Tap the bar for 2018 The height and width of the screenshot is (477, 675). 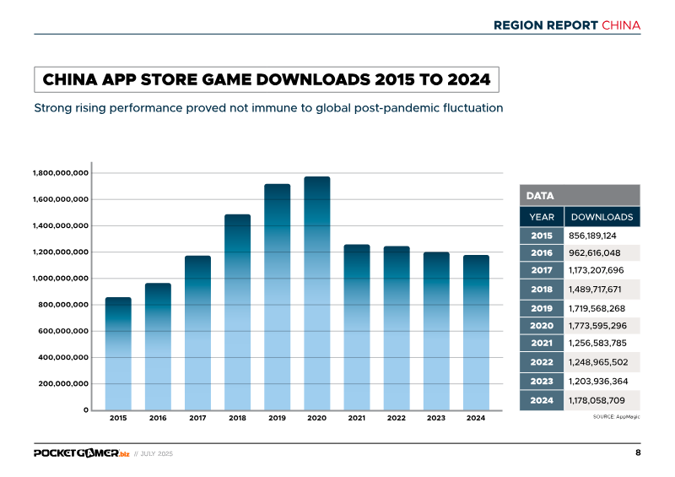point(238,312)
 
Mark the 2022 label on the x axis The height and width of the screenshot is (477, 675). point(397,418)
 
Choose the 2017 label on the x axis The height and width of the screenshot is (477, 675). point(197,418)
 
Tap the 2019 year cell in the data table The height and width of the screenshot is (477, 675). point(541,307)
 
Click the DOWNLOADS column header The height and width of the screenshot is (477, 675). point(602,217)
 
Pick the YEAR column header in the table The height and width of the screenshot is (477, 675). point(541,217)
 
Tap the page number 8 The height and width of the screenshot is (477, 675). point(638,453)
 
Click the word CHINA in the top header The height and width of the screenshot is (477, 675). point(621,25)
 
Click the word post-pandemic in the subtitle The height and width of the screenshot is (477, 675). point(387,108)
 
